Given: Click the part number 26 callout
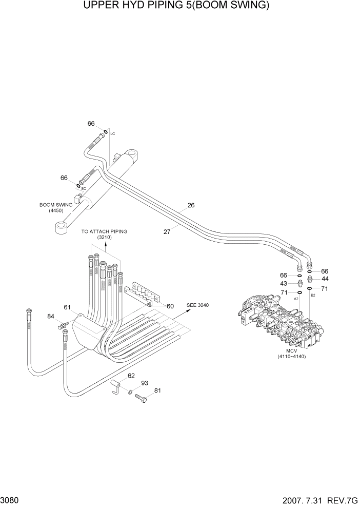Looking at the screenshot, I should click(191, 205).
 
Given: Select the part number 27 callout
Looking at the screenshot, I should click(167, 231).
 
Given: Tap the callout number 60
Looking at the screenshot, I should click(170, 306).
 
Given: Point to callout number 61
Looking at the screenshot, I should click(67, 307).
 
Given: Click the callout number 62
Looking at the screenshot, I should click(131, 376).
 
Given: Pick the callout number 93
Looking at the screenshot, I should click(145, 383).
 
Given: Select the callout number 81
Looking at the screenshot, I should click(157, 390).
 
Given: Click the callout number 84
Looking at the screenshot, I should click(50, 316).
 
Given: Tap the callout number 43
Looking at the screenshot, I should click(284, 283).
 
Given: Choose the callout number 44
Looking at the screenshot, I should click(325, 279).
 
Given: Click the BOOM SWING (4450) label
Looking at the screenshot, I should click(56, 207).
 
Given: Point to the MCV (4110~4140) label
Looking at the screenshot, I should click(291, 354).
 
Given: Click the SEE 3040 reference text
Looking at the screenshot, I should click(198, 305).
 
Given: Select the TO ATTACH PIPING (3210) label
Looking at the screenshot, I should click(104, 234).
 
